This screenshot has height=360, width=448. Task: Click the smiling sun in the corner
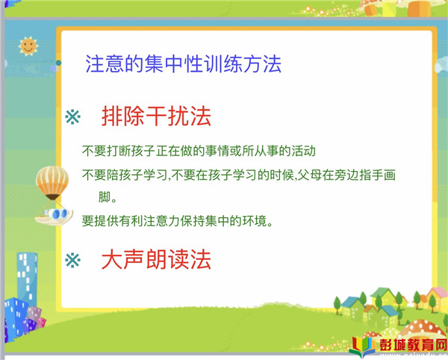28,46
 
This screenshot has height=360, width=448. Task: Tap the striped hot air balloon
52,183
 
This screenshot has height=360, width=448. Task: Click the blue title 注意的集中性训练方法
183,64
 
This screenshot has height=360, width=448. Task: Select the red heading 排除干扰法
156,117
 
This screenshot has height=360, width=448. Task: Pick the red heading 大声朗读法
156,259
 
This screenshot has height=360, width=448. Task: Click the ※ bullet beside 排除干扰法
73,117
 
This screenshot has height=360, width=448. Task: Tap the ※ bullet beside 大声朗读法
73,260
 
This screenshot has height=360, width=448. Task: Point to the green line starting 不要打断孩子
199,151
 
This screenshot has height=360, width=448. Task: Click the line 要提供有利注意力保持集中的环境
177,221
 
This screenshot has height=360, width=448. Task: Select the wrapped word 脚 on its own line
105,197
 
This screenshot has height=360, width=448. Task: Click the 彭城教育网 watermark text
413,345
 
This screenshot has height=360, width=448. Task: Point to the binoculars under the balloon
56,214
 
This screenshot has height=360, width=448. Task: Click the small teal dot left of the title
58,63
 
